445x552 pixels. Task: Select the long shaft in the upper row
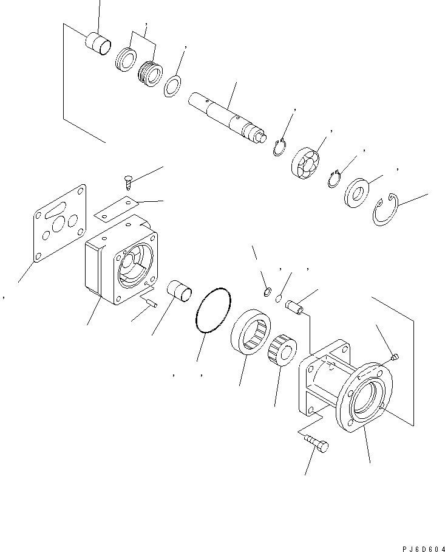228,115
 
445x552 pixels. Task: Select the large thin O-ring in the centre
213,310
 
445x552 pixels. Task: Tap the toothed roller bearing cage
282,350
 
